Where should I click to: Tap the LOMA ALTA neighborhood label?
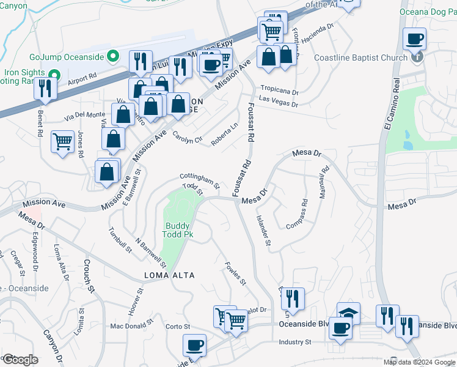[x=169, y=275]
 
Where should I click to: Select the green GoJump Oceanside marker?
[x=112, y=57]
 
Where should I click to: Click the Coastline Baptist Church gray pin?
[x=417, y=57]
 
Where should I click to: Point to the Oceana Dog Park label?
[x=428, y=12]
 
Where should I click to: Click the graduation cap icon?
[x=348, y=313]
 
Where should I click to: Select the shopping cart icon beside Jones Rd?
[x=63, y=142]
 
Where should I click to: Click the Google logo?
[x=20, y=360]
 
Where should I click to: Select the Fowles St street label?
[x=235, y=274]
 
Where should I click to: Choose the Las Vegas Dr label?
[x=278, y=104]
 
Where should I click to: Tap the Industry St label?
[x=295, y=342]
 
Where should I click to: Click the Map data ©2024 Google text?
[x=419, y=362]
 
